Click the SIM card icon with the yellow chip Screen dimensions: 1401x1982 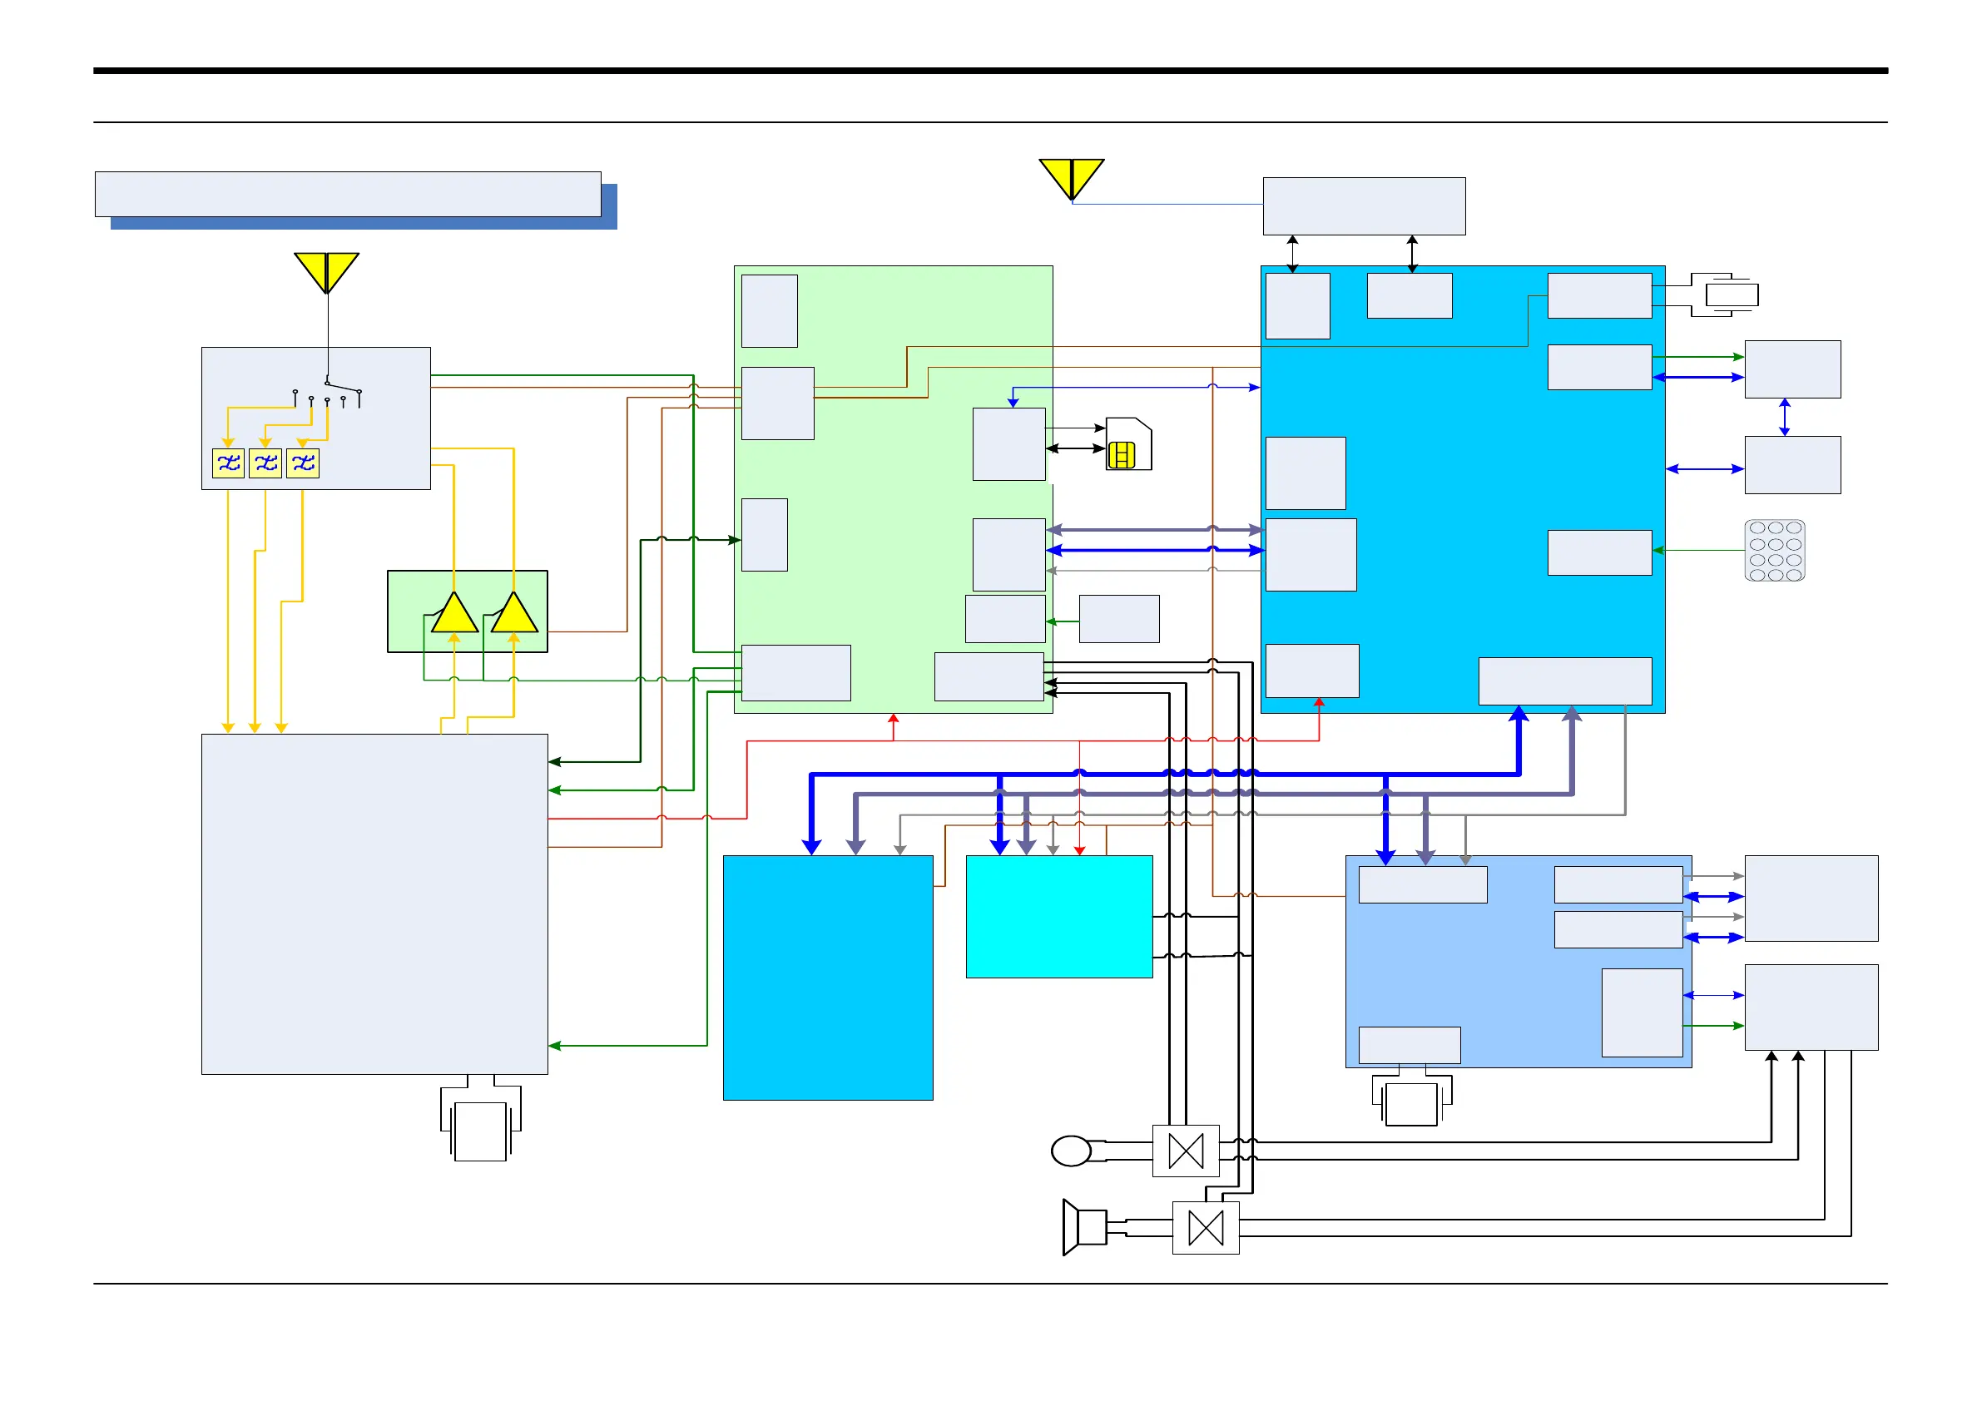tap(1127, 444)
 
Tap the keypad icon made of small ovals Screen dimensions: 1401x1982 tap(1774, 550)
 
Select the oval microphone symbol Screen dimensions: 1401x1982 tap(1071, 1151)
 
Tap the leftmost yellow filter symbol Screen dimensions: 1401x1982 tap(229, 463)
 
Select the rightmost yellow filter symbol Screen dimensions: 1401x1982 tap(303, 463)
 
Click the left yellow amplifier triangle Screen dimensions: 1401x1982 tap(454, 615)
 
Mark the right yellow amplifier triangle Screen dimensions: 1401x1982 tap(514, 615)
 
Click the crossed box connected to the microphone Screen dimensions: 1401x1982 tap(1185, 1151)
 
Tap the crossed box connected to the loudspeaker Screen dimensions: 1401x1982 tap(1205, 1227)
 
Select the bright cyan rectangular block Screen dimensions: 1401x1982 tap(1059, 916)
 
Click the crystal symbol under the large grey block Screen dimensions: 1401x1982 tap(480, 1129)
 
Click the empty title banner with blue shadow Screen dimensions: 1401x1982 tap(348, 194)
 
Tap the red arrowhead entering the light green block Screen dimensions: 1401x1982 tap(894, 718)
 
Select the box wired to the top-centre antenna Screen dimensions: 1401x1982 tap(1364, 206)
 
